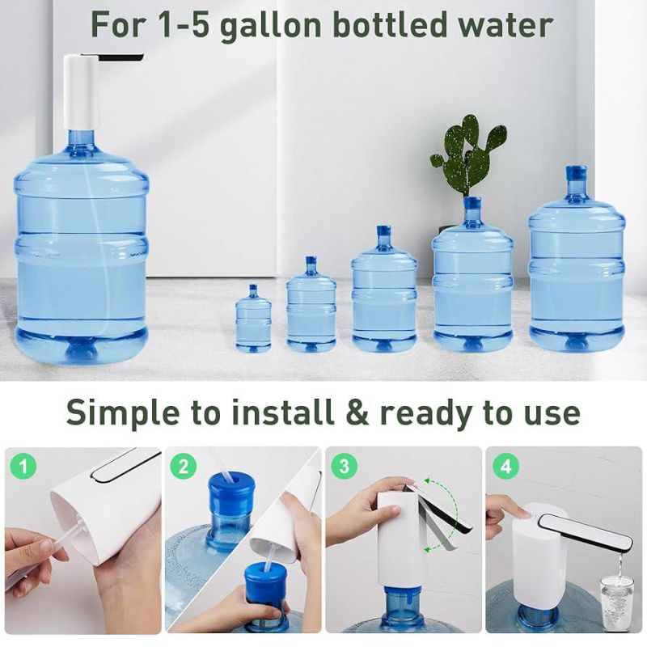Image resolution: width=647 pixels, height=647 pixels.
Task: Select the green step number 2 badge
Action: [x=185, y=466]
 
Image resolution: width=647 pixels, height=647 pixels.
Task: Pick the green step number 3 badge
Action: [x=345, y=466]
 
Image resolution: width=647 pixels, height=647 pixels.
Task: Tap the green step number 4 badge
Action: [x=505, y=466]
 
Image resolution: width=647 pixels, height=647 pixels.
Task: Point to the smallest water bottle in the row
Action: [x=253, y=319]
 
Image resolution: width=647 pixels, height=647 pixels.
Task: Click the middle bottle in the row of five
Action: [x=384, y=291]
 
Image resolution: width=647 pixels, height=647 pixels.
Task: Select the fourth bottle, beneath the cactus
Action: [x=472, y=279]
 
